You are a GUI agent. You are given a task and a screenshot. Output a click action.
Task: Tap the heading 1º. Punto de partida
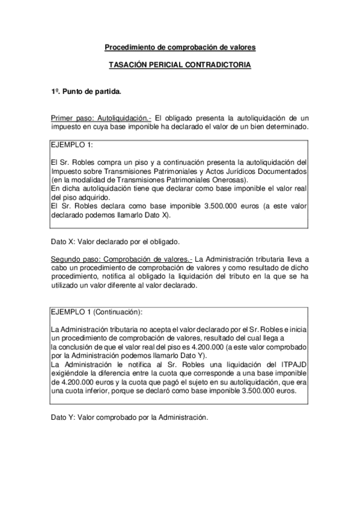pos(85,92)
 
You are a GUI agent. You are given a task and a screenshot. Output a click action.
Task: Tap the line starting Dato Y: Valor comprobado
pos(129,416)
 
